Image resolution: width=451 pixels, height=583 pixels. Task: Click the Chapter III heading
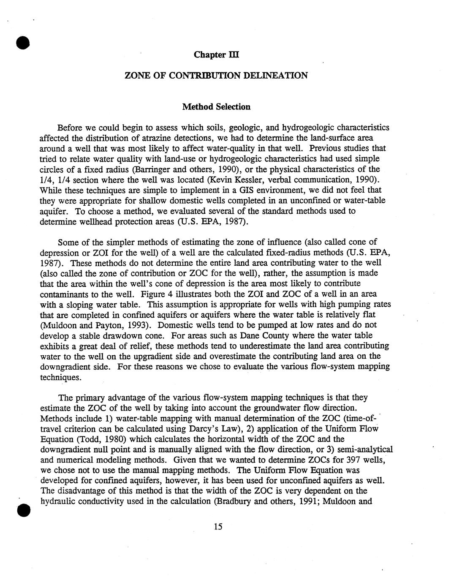pos(217,55)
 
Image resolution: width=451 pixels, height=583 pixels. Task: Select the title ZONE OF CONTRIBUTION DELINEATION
pos(216,76)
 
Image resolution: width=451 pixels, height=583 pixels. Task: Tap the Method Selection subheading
pos(216,107)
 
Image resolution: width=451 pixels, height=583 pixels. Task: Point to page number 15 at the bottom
pos(218,526)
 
